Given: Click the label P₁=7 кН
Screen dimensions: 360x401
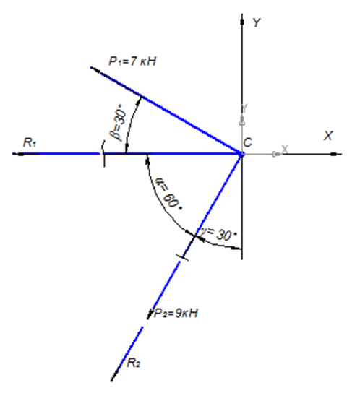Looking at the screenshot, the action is click(x=132, y=61).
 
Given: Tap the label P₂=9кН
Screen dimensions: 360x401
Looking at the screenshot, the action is click(x=176, y=313).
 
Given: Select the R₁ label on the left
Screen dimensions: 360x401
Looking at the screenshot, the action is click(x=30, y=142).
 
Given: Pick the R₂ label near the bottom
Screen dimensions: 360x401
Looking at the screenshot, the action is click(x=133, y=363).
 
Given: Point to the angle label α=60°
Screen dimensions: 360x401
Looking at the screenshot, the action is click(x=168, y=194).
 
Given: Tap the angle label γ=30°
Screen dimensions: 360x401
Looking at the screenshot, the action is click(x=219, y=234).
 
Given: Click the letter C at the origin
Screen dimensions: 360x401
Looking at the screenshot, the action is click(x=248, y=142).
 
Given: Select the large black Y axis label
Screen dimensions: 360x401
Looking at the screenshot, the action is click(x=257, y=22).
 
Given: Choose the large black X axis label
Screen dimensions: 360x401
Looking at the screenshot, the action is click(x=328, y=136).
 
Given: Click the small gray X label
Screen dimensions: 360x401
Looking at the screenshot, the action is click(x=285, y=149).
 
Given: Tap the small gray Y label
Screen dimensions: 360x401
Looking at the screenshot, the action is click(x=244, y=108).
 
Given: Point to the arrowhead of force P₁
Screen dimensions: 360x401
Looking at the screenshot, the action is click(x=95, y=70).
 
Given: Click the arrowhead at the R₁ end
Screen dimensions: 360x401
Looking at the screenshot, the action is click(x=18, y=154).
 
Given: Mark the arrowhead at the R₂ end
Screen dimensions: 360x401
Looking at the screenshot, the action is click(x=114, y=376).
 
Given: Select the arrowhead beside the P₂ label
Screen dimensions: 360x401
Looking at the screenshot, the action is click(x=150, y=314).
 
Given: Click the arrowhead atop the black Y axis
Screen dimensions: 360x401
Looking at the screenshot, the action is click(x=242, y=20).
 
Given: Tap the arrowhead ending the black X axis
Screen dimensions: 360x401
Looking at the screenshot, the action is click(x=336, y=154).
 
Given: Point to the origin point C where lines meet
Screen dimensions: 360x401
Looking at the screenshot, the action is click(x=241, y=154).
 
